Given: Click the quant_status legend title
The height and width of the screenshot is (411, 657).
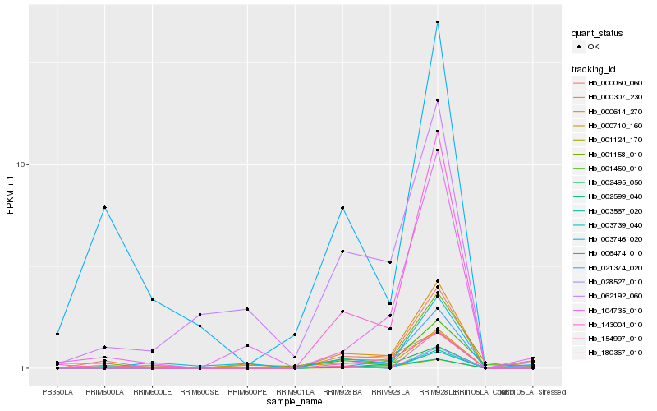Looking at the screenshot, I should [597, 33].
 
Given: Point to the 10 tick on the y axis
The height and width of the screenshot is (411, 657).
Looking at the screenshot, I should [23, 164].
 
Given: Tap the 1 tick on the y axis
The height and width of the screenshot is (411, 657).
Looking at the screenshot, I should [25, 368].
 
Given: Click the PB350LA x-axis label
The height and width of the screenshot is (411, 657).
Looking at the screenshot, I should [57, 392].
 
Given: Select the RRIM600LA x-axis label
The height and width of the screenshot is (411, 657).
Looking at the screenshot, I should [105, 392].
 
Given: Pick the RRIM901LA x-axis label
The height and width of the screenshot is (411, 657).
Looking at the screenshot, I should [295, 392].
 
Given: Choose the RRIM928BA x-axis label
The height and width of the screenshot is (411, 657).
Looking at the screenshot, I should [342, 392].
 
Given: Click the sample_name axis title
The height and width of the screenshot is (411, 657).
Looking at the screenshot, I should [295, 402].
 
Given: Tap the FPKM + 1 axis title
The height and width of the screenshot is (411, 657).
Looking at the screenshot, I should [10, 196].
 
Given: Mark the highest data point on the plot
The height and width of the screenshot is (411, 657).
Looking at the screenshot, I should [438, 22].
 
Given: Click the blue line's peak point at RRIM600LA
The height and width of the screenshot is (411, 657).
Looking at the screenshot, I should [105, 207].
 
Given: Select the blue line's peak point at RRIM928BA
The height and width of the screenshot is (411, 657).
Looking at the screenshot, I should [342, 208].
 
